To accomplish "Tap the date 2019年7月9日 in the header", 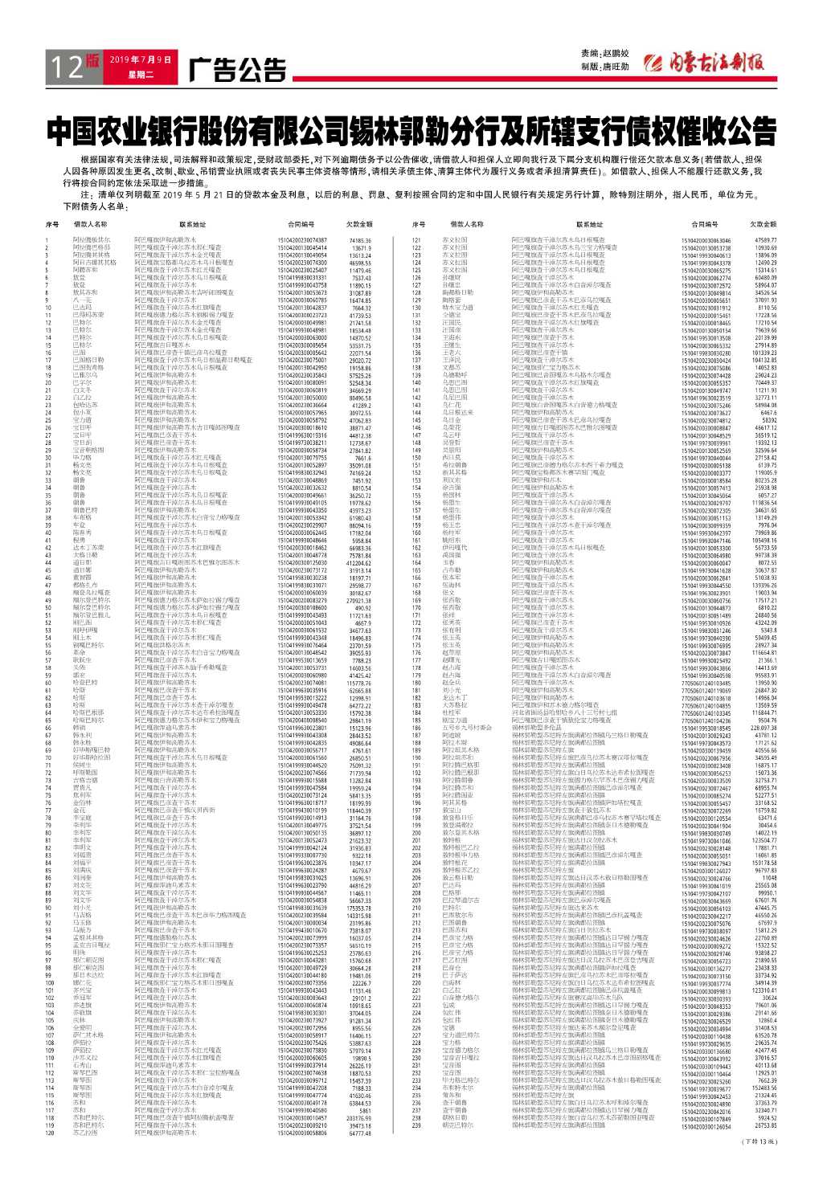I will [x=141, y=59].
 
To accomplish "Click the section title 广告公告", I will [x=237, y=71].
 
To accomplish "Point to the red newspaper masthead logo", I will [x=707, y=63].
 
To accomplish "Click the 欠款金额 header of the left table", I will [x=359, y=225].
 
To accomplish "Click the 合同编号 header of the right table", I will [x=706, y=225].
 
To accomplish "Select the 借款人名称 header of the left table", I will [x=90, y=225].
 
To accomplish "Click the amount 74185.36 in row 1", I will [x=360, y=240].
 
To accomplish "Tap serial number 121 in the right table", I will [x=416, y=240].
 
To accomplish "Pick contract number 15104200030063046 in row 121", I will [x=706, y=240].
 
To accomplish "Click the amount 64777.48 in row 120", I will [x=360, y=1133].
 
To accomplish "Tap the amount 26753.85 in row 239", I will [x=765, y=1126].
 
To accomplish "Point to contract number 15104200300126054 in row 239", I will [x=706, y=1126].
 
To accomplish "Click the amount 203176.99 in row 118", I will [x=359, y=1118].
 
